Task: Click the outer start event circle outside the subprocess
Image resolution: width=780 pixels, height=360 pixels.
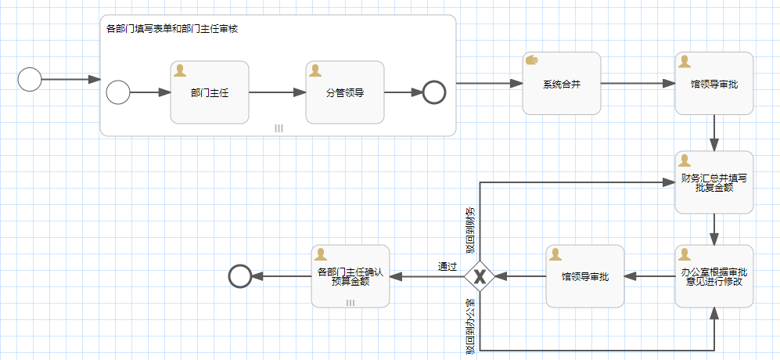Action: tap(29, 80)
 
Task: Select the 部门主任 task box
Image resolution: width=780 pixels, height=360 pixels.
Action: tap(209, 92)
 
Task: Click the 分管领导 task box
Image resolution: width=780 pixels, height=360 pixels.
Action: tap(344, 92)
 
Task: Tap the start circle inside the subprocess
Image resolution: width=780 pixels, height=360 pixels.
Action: tap(117, 92)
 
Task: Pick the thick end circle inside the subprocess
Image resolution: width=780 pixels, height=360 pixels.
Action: tap(433, 92)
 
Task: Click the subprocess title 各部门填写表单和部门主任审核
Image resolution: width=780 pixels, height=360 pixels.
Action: tap(172, 29)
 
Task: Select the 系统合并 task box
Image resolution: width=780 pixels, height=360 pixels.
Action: tap(561, 84)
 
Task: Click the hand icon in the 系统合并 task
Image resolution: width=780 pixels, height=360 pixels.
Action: tap(532, 60)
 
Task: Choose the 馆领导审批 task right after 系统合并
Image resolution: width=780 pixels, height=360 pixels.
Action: tap(714, 84)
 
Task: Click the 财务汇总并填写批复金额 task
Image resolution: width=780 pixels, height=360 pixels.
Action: tap(714, 182)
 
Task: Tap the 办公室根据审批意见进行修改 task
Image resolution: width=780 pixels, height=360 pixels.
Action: tap(714, 276)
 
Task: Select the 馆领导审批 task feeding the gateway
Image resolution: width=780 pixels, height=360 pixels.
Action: tap(584, 276)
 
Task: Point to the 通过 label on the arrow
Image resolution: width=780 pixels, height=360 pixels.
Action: tap(447, 267)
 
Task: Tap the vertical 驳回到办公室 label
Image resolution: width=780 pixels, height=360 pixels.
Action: tap(470, 328)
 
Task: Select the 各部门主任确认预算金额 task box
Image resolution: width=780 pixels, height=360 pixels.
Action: tap(350, 276)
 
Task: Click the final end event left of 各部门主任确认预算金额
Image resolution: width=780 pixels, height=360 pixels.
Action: tap(239, 275)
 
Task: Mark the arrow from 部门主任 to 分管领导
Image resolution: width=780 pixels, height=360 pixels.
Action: tap(277, 92)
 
